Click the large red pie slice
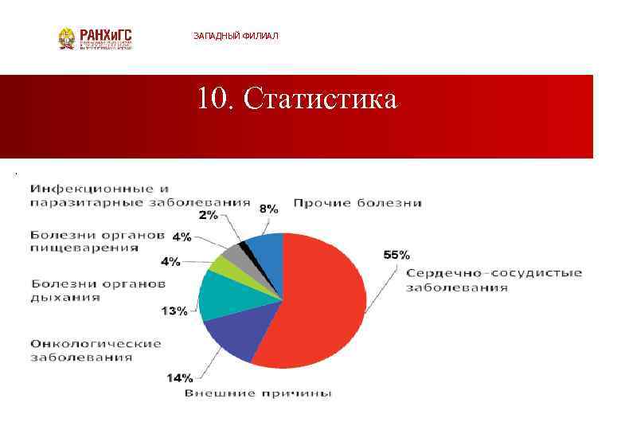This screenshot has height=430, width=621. tap(318, 303)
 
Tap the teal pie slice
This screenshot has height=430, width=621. tap(227, 294)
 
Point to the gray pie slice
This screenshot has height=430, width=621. tap(236, 254)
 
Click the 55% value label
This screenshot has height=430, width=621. tap(396, 255)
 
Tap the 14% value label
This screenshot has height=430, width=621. tap(179, 377)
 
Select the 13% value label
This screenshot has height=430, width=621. tap(174, 311)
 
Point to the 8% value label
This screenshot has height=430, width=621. tap(268, 209)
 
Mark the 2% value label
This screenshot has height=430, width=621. tap(209, 215)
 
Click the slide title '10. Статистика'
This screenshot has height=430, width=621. tap(296, 100)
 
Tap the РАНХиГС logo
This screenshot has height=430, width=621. tap(95, 38)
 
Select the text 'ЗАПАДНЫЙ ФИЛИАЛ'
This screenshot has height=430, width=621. tap(236, 37)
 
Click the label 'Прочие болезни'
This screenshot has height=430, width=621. tap(357, 203)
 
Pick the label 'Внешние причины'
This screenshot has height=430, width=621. tap(259, 393)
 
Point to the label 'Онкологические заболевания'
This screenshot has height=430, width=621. tap(96, 350)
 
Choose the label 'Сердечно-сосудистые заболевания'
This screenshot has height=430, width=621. tap(494, 279)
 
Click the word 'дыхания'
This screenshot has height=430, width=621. tap(66, 297)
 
